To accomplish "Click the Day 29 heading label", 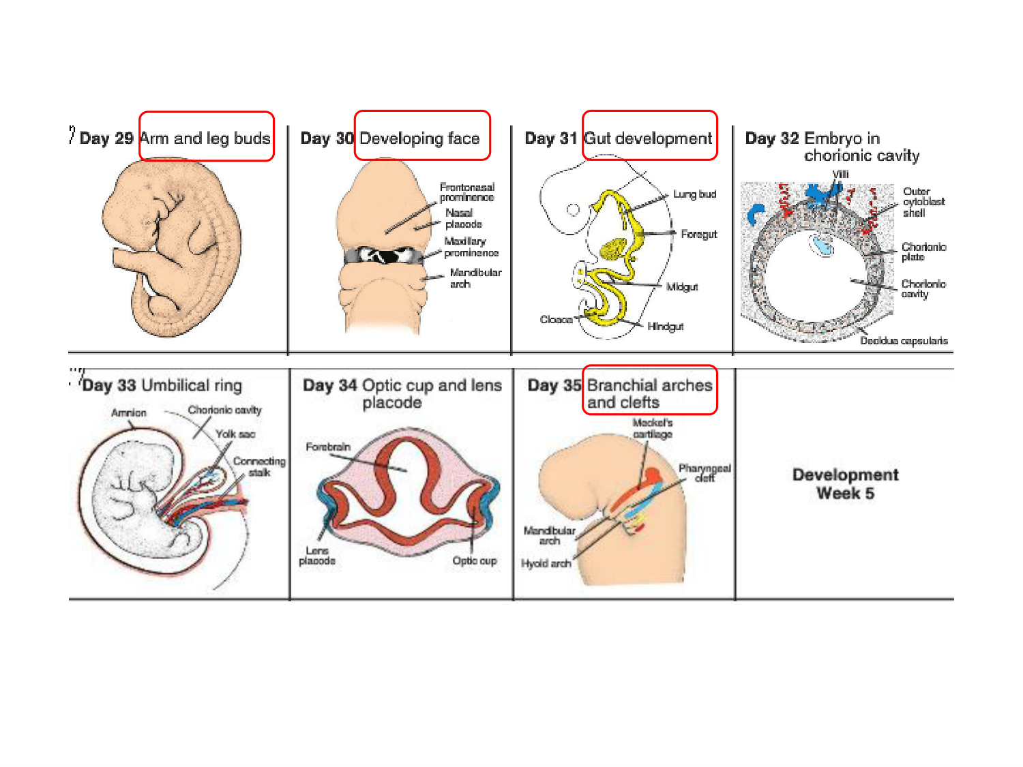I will tap(106, 138).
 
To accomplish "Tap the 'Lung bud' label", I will tap(694, 194).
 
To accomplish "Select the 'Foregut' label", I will tap(698, 234).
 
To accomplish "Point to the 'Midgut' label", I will tap(682, 287).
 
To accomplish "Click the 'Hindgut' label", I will tap(665, 327).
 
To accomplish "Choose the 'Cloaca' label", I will tap(556, 320).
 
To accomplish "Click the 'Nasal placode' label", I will tap(463, 218).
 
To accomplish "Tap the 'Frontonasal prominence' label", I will tap(466, 192).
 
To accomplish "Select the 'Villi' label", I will tap(840, 175).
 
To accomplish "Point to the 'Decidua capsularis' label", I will tap(904, 341).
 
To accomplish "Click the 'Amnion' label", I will tap(129, 412).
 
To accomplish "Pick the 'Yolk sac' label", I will tap(235, 434).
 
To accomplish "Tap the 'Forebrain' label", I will tap(328, 447).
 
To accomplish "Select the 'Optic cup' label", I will tap(475, 561).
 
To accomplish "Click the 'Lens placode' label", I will tap(317, 556).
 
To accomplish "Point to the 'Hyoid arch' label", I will tap(546, 564).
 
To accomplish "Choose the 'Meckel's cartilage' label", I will tap(652, 428).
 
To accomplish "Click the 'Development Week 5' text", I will tap(845, 484).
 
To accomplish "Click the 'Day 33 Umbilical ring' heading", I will tap(162, 386).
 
